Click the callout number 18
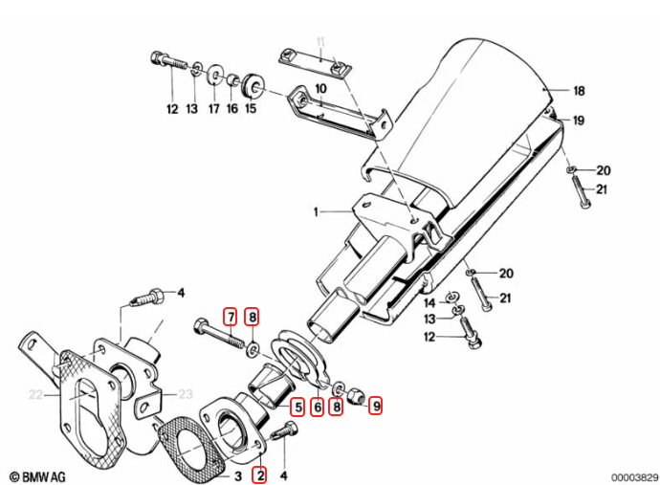coord(580,91)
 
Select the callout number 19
coord(579,121)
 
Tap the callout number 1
coord(316,211)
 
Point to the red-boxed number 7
coord(231,317)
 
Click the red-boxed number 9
coord(376,406)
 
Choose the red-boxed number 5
coord(298,407)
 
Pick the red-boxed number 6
coord(318,407)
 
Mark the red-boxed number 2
coord(260,475)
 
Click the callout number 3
coord(238,476)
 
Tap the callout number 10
coord(320,89)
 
